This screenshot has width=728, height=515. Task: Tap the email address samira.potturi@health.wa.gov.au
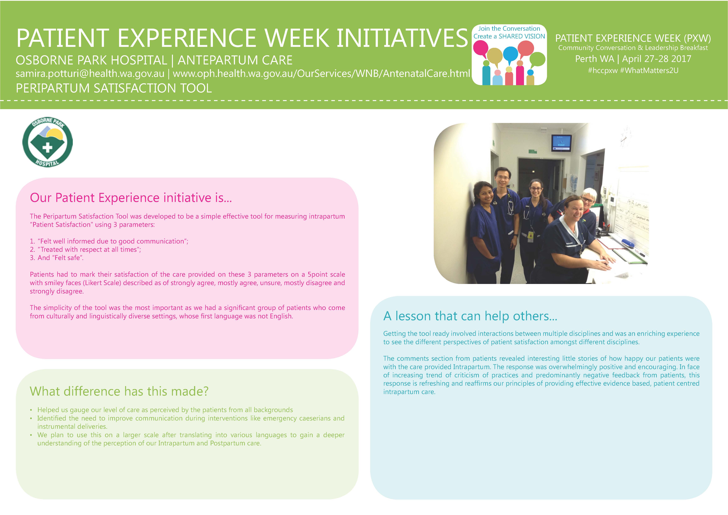90,74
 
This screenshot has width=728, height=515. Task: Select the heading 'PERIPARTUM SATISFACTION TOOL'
114,88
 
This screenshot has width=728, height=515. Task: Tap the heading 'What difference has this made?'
119,391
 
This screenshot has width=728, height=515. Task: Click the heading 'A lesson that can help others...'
470,316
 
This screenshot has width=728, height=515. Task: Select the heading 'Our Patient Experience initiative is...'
131,198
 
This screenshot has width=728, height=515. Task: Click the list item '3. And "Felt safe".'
57,258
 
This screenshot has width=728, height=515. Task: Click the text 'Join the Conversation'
509,28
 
